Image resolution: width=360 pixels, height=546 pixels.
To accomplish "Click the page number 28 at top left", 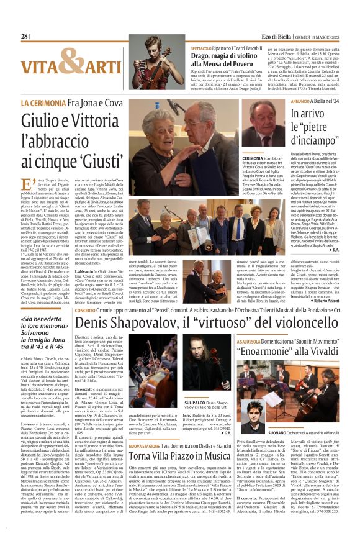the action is pos(24,36).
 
